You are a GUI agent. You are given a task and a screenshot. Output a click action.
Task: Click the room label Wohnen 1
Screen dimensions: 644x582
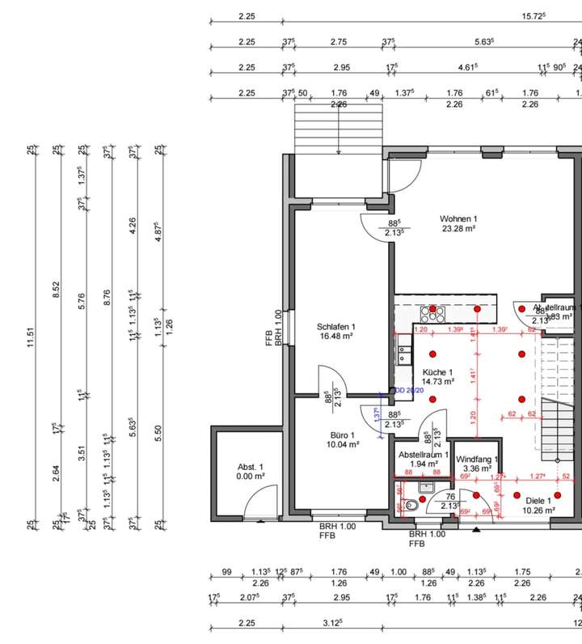(x=458, y=219)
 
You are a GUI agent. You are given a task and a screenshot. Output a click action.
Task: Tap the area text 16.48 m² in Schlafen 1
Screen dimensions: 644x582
(x=335, y=337)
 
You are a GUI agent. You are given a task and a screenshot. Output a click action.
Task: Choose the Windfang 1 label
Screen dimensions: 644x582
(x=477, y=460)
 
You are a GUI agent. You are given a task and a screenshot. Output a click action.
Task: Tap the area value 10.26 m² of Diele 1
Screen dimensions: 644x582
(x=538, y=510)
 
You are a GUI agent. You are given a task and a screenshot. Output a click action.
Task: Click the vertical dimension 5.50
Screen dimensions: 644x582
(x=158, y=434)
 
